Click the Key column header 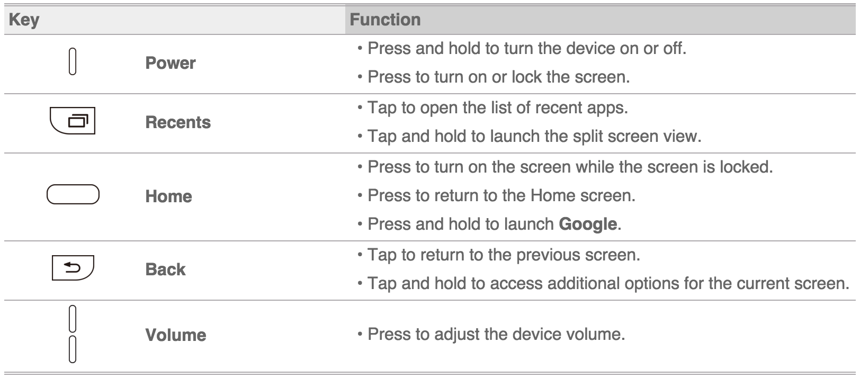coord(24,20)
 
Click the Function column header coord(385,20)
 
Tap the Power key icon coord(73,61)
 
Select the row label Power coord(171,63)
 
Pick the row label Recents coord(178,122)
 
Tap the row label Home coord(168,196)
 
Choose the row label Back coord(165,269)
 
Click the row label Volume coord(176,335)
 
